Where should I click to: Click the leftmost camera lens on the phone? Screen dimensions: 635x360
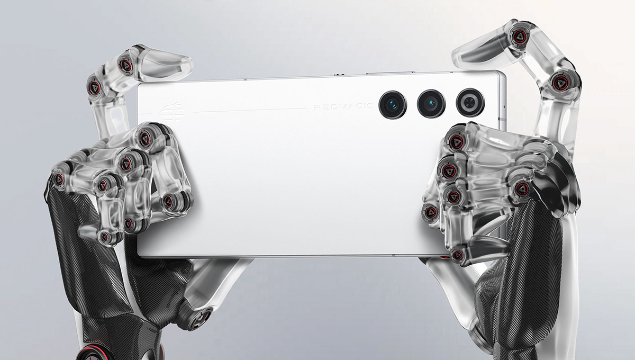393,105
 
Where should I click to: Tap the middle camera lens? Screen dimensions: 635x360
431,103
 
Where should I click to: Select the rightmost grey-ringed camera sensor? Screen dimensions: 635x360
470,102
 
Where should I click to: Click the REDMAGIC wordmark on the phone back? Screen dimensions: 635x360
343,106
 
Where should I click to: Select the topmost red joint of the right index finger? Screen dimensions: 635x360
521,35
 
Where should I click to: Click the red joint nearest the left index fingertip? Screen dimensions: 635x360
125,65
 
